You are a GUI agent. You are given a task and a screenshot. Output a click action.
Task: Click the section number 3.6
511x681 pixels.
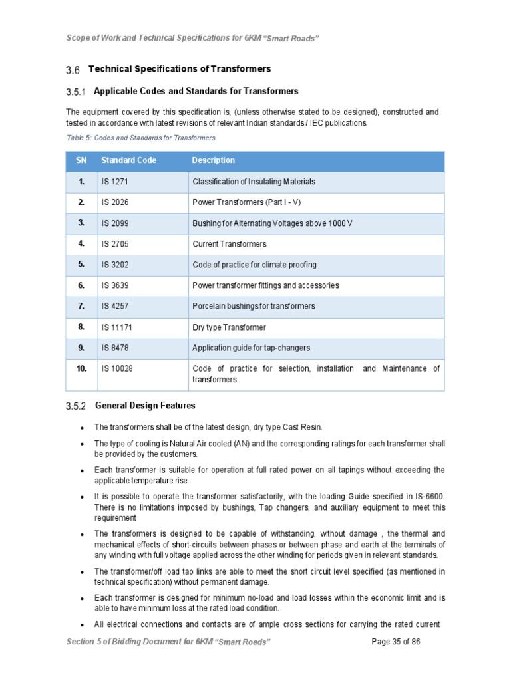[x=73, y=70]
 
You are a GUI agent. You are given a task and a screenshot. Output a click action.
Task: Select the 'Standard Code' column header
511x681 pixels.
[x=128, y=160]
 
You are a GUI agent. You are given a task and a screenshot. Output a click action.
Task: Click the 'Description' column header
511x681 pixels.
[x=213, y=160]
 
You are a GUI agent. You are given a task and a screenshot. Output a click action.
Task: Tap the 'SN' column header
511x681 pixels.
[x=81, y=160]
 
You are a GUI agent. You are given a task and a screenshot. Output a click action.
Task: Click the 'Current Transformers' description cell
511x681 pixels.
[x=229, y=244]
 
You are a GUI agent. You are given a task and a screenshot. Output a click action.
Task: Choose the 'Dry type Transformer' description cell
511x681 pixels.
[x=229, y=327]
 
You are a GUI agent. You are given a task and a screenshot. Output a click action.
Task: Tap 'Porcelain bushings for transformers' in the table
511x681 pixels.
[x=254, y=306]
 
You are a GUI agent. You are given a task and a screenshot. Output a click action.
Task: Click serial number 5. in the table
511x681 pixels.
[x=81, y=265]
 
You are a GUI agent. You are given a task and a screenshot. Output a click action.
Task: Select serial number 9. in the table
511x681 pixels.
[x=81, y=348]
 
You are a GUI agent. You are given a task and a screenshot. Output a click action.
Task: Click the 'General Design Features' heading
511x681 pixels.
[x=145, y=405]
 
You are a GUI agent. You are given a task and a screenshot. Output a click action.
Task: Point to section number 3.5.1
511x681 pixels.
[x=77, y=92]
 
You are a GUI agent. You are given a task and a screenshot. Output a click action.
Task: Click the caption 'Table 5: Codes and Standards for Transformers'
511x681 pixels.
[x=140, y=138]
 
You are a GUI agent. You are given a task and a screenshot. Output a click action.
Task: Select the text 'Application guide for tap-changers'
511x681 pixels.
[x=251, y=348]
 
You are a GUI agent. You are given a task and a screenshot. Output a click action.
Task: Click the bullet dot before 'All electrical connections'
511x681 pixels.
[x=81, y=626]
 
